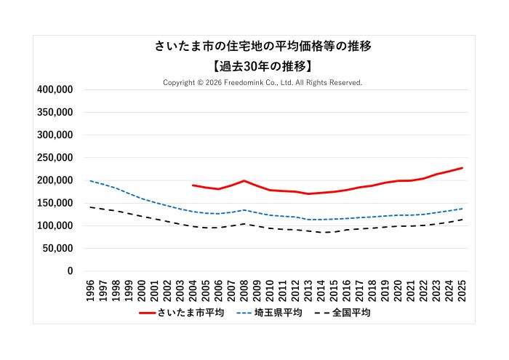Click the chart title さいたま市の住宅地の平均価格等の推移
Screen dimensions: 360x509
(262, 47)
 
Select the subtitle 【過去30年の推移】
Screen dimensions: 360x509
(262, 66)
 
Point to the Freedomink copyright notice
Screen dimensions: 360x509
(262, 83)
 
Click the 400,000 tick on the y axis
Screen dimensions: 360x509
(55, 89)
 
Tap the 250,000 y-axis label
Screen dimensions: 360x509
(55, 158)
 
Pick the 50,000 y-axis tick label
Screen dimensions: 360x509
(57, 248)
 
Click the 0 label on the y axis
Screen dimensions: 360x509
(70, 271)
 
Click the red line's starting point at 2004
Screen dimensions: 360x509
(193, 185)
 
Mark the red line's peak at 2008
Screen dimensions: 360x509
(244, 180)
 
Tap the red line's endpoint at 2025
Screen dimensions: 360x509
(462, 168)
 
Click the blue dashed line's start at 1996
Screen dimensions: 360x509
(90, 181)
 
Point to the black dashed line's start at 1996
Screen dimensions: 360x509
(90, 207)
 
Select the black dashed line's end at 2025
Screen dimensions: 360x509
(462, 220)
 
